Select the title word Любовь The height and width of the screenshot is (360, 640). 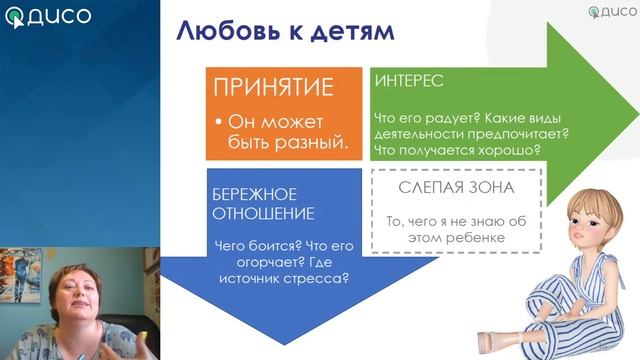pyautogui.click(x=225, y=30)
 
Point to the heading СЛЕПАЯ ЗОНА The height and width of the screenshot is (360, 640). pyautogui.click(x=456, y=187)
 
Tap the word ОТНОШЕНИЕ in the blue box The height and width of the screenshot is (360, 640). pyautogui.click(x=263, y=213)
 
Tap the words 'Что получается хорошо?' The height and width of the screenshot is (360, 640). pyautogui.click(x=457, y=150)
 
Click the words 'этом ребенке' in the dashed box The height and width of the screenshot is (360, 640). pyautogui.click(x=456, y=238)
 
